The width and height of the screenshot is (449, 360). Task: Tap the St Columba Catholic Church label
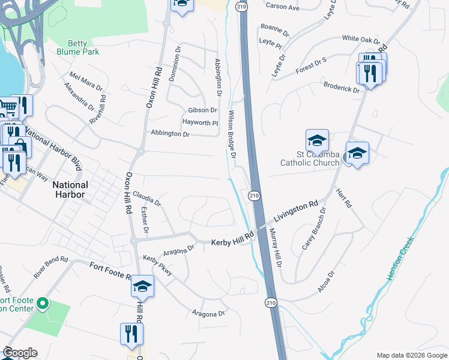pyautogui.click(x=310, y=158)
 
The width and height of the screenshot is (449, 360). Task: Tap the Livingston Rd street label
pyautogui.click(x=295, y=212)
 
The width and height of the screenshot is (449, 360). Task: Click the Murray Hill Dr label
pyautogui.click(x=276, y=244)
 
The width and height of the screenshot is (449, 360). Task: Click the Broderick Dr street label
pyautogui.click(x=341, y=87)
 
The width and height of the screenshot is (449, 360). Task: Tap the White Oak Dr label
pyautogui.click(x=361, y=40)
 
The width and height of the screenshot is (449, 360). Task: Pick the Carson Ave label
pyautogui.click(x=282, y=8)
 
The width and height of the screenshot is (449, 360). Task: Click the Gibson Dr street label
pyautogui.click(x=202, y=110)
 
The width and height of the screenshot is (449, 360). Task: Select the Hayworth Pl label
pyautogui.click(x=200, y=122)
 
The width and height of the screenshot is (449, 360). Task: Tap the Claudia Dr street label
pyautogui.click(x=147, y=199)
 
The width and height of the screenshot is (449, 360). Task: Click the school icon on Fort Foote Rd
pyautogui.click(x=143, y=286)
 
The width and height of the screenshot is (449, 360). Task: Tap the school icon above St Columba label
pyautogui.click(x=317, y=140)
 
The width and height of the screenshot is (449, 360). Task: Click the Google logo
pyautogui.click(x=20, y=353)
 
